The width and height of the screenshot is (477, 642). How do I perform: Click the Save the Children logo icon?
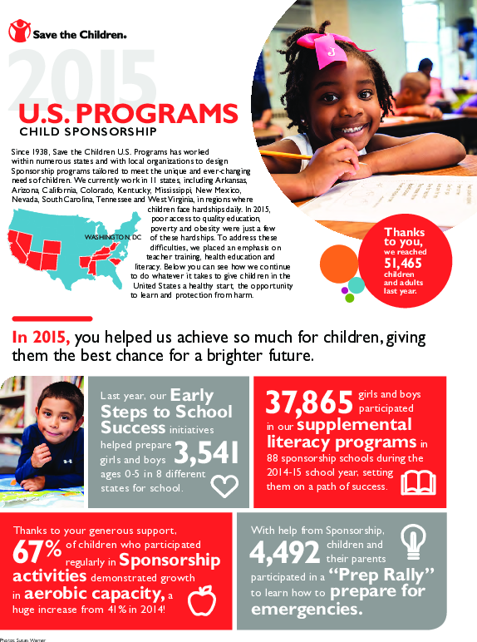(x=18, y=32)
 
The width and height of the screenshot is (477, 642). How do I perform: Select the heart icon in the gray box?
(x=223, y=485)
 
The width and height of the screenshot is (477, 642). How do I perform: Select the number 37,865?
(x=308, y=403)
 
